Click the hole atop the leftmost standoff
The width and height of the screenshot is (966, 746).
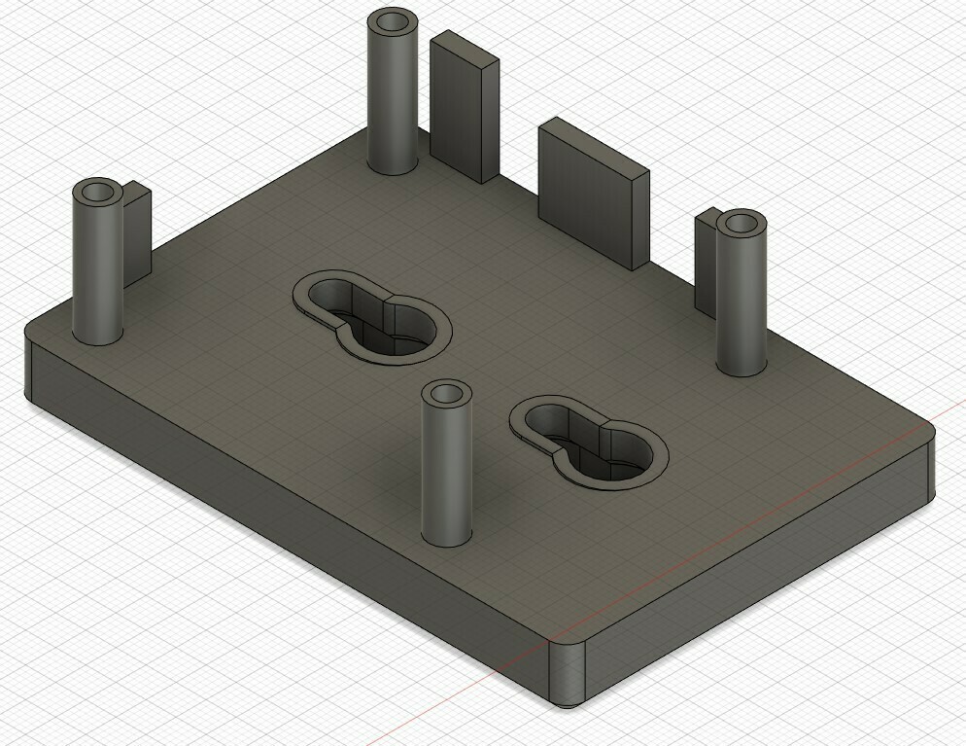click(x=98, y=191)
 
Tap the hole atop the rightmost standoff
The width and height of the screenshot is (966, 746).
click(x=742, y=224)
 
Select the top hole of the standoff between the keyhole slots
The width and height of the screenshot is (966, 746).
click(x=446, y=394)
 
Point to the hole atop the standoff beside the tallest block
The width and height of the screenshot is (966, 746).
click(x=393, y=21)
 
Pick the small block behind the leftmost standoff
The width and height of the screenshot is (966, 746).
click(x=138, y=233)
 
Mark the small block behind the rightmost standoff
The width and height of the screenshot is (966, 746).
click(x=706, y=263)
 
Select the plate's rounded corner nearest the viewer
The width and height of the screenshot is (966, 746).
click(x=569, y=671)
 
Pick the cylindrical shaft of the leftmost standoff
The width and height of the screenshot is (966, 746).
click(x=98, y=272)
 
